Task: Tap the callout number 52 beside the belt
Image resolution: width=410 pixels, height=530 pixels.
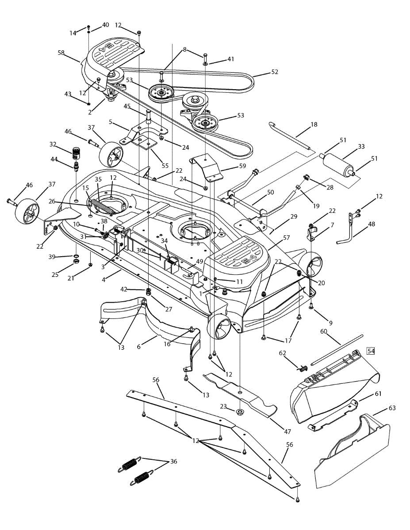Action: coord(275,72)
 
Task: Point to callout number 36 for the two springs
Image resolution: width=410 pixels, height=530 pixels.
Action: coord(173,461)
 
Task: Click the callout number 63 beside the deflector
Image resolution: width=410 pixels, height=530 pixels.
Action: coord(392,408)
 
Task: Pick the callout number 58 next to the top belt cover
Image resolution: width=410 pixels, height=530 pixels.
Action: coord(61,53)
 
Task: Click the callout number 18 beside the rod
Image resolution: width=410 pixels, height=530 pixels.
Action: coord(314,125)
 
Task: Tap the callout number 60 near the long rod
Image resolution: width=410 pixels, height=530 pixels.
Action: coord(323,331)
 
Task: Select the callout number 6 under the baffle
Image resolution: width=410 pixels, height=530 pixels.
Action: coord(139,347)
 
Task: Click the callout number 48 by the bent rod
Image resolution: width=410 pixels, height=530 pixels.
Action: coord(371,224)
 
